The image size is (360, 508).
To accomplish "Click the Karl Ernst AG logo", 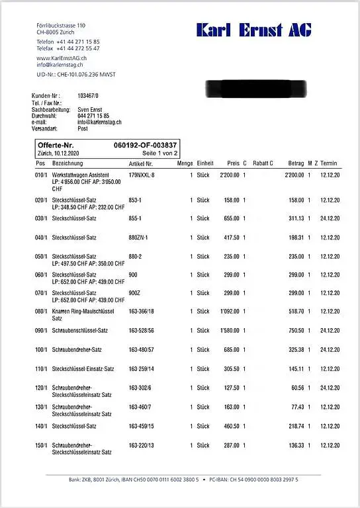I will tap(253, 30).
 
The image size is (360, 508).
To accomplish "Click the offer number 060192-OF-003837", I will tap(145, 145).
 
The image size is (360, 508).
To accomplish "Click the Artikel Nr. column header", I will tap(141, 163).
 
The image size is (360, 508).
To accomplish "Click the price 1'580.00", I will tap(228, 331).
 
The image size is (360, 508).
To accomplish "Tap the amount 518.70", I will tap(294, 311).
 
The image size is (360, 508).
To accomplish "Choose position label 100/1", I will tap(41, 349).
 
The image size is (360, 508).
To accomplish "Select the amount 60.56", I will tap(295, 388).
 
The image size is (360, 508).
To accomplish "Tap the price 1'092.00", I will tap(228, 311).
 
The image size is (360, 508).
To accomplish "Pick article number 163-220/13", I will tap(142, 445).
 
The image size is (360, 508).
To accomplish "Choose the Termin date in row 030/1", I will tap(330, 218).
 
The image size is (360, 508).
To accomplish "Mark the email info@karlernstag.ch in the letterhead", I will tap(60, 65).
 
